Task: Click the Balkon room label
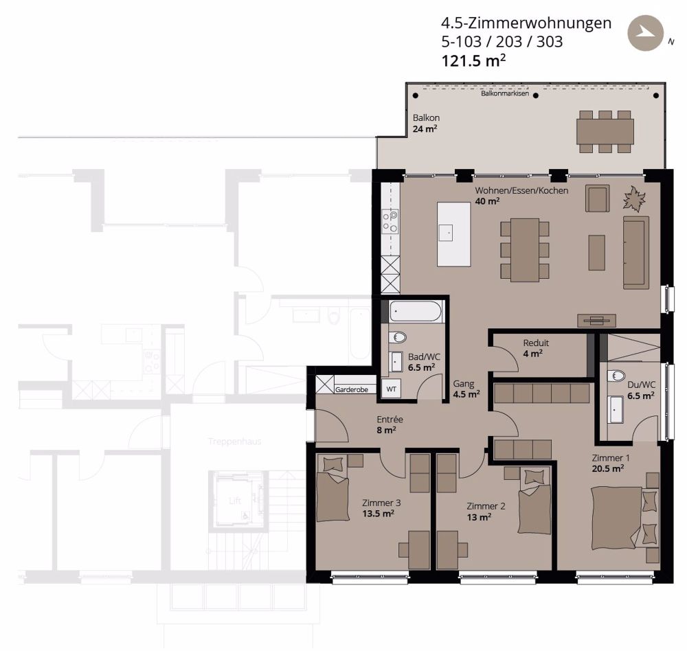pos(426,117)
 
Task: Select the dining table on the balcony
pos(605,131)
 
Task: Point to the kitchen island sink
pos(447,233)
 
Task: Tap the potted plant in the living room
pos(634,200)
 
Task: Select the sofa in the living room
pos(635,252)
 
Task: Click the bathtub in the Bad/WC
pos(415,312)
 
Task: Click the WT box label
pos(392,389)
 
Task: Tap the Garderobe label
pos(352,389)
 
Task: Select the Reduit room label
pos(536,343)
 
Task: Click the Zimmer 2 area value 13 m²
pos(479,517)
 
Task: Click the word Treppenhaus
pos(236,442)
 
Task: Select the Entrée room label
pos(390,419)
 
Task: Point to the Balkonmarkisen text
pos(505,93)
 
